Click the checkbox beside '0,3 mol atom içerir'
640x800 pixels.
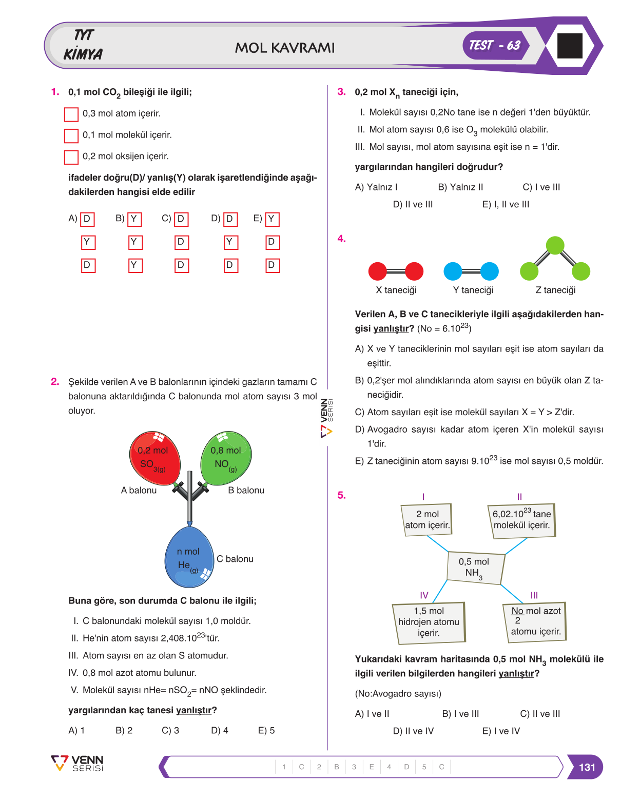pyautogui.click(x=71, y=114)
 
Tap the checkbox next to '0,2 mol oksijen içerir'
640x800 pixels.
pyautogui.click(x=71, y=157)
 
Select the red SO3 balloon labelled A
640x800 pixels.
pyautogui.click(x=154, y=458)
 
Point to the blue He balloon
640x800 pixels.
pyautogui.click(x=189, y=556)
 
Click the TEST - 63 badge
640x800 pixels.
pyautogui.click(x=495, y=46)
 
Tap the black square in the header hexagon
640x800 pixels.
pyautogui.click(x=569, y=46)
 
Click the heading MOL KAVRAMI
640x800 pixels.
pyautogui.click(x=284, y=48)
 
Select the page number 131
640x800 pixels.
pyautogui.click(x=587, y=767)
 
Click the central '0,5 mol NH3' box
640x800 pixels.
pyautogui.click(x=475, y=568)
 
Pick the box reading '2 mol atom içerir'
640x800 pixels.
pyautogui.click(x=426, y=520)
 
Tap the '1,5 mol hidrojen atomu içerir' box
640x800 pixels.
pyautogui.click(x=429, y=623)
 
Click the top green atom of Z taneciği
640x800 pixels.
pyautogui.click(x=555, y=245)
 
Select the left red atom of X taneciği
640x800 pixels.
pyautogui.click(x=377, y=271)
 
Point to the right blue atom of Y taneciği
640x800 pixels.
pyautogui.click(x=490, y=271)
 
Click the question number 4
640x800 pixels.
pyautogui.click(x=341, y=239)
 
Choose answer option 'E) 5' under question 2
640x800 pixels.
pyautogui.click(x=266, y=731)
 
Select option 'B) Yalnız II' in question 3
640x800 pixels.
pyautogui.click(x=460, y=187)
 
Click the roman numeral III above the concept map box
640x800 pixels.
pyautogui.click(x=534, y=595)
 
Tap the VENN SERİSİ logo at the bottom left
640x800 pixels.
pyautogui.click(x=77, y=764)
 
